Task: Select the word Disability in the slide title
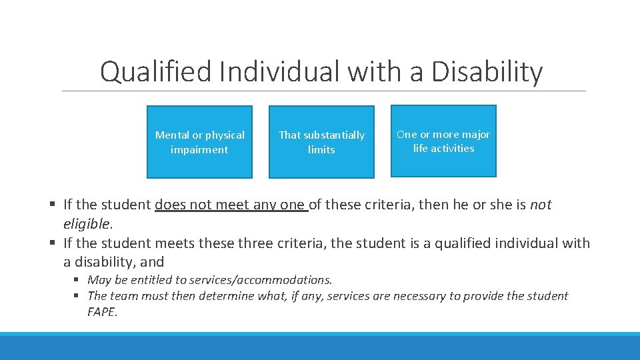pyautogui.click(x=487, y=72)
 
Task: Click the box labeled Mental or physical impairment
pyautogui.click(x=199, y=142)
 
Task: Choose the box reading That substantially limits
pyautogui.click(x=321, y=142)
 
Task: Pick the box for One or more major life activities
pyautogui.click(x=443, y=141)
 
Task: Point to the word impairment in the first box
pyautogui.click(x=199, y=150)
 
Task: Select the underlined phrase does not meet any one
pyautogui.click(x=231, y=205)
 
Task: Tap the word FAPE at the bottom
pyautogui.click(x=101, y=311)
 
